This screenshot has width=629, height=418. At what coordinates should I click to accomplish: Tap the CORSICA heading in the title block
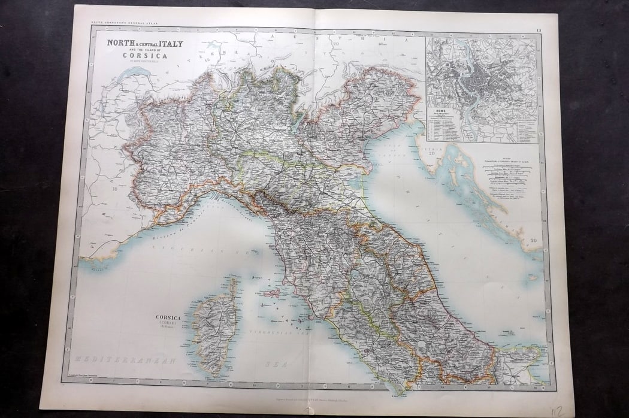point(141,57)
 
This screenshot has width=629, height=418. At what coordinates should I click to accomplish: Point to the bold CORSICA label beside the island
point(170,319)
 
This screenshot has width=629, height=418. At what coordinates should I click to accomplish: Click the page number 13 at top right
point(539,30)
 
